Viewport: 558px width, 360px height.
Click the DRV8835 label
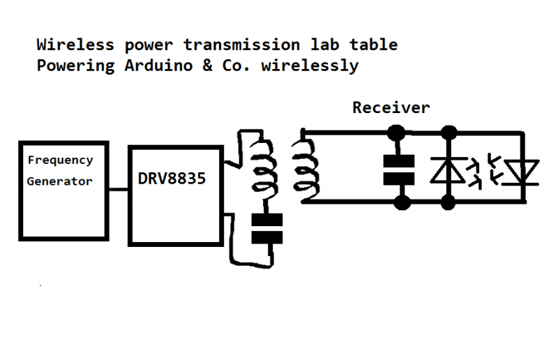[x=172, y=179]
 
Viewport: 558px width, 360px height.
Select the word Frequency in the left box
[x=60, y=160]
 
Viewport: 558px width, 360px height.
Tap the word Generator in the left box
[x=60, y=181]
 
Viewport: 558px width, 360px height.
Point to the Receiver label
[x=391, y=108]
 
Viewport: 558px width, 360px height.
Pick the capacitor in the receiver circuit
[x=398, y=169]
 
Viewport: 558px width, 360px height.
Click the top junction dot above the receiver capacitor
[x=398, y=130]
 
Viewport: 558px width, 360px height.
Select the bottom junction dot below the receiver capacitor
[x=400, y=202]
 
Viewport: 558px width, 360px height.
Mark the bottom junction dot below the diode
[x=448, y=202]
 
